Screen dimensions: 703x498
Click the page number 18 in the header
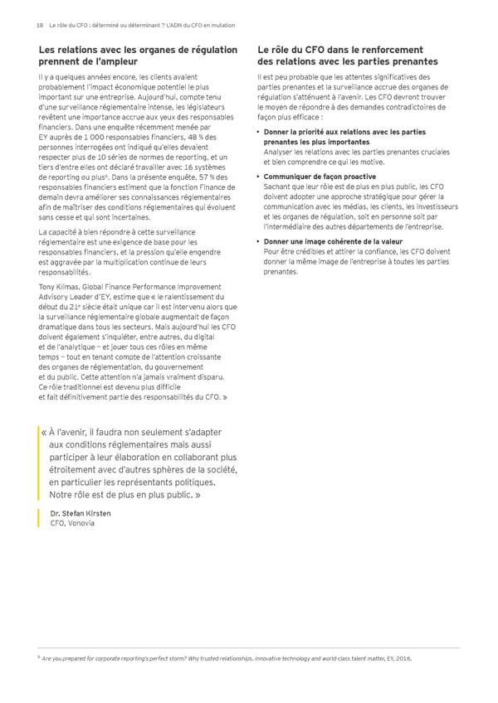pyautogui.click(x=39, y=26)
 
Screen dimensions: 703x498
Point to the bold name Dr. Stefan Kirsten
pyautogui.click(x=80, y=513)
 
